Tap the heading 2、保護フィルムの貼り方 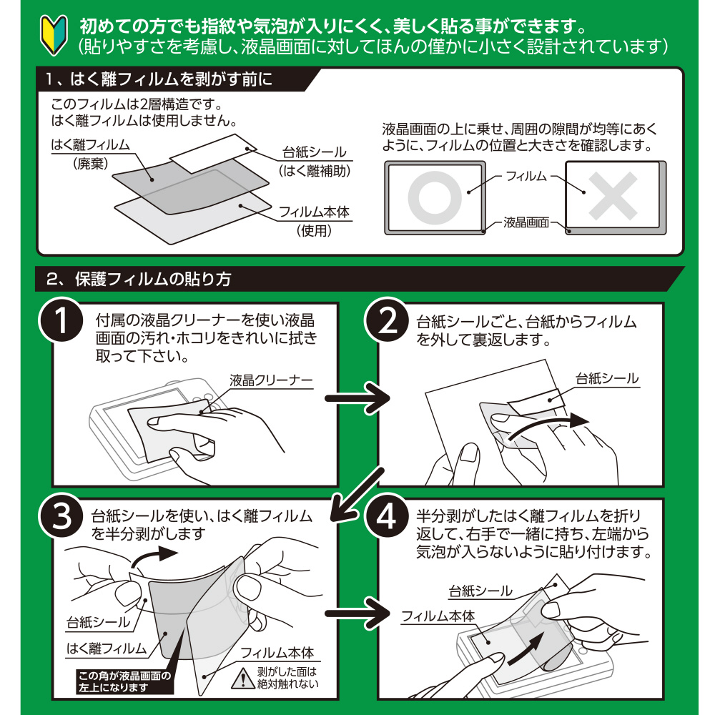[x=139, y=279]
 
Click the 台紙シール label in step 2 [x=607, y=378]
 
